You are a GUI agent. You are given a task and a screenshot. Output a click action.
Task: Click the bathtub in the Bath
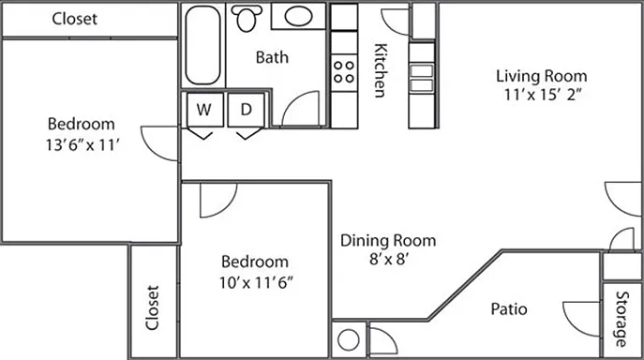202,45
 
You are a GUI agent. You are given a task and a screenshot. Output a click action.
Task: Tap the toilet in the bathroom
246,18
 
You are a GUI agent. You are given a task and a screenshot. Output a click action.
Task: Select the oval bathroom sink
298,17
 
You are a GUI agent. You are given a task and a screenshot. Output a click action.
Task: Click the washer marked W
204,110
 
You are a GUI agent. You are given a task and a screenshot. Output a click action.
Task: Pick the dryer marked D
246,110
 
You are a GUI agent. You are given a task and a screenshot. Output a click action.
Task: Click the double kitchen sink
422,77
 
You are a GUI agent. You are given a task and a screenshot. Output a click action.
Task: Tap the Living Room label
541,76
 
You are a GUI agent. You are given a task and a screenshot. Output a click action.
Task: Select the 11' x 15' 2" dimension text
542,95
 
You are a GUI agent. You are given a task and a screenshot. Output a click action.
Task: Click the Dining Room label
388,240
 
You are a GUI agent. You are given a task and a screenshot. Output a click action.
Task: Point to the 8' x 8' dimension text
388,260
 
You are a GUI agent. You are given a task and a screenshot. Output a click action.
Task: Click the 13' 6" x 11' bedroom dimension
82,144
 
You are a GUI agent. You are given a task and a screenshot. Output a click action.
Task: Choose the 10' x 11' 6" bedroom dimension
256,282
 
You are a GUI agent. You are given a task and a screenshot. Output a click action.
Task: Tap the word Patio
509,309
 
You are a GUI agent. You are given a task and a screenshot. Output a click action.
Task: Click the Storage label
622,319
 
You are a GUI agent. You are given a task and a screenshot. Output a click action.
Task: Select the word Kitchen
381,70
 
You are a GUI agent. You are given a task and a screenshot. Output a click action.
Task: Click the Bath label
272,57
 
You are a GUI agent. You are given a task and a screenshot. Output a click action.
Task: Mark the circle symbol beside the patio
349,340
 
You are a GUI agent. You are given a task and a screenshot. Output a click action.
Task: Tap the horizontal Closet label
74,19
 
